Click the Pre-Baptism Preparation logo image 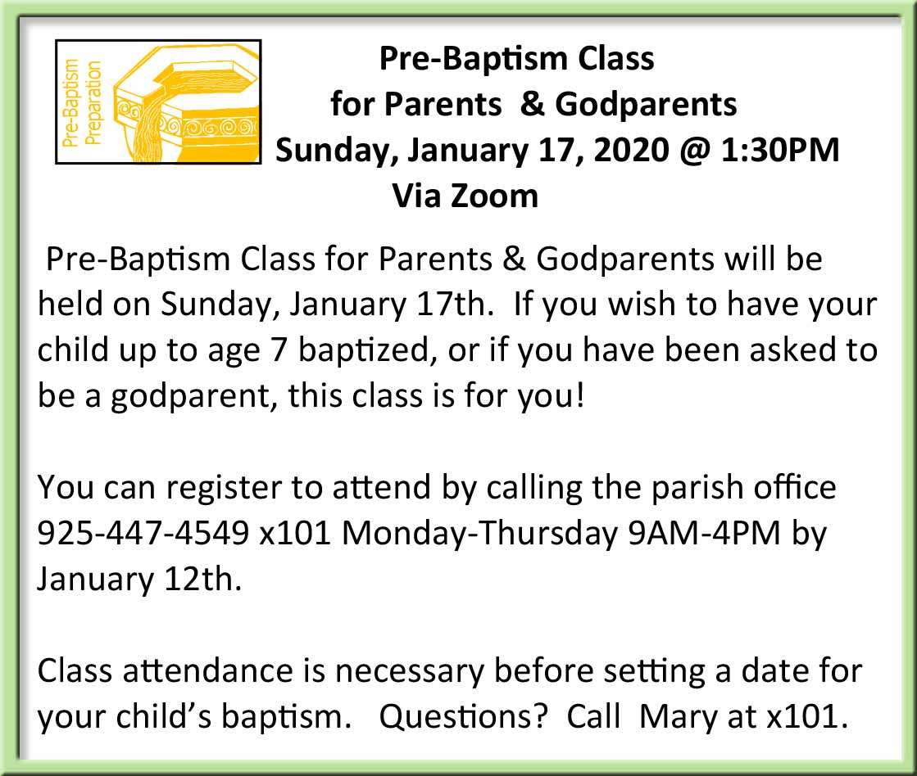pos(158,102)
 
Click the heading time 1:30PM pos(780,150)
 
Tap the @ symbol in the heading pos(694,151)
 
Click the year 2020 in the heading pos(630,150)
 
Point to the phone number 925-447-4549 pos(143,533)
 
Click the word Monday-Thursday pos(480,534)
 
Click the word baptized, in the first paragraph pos(368,350)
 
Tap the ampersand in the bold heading pos(532,104)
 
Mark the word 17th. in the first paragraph pos(455,305)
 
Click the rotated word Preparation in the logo pos(93,103)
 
